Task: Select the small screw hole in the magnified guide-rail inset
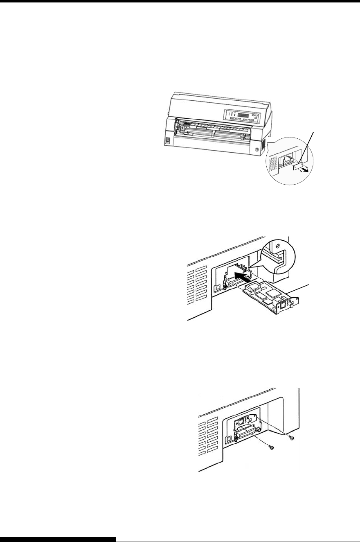click(277, 247)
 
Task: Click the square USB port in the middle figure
click(219, 287)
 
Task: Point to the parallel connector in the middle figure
click(230, 284)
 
